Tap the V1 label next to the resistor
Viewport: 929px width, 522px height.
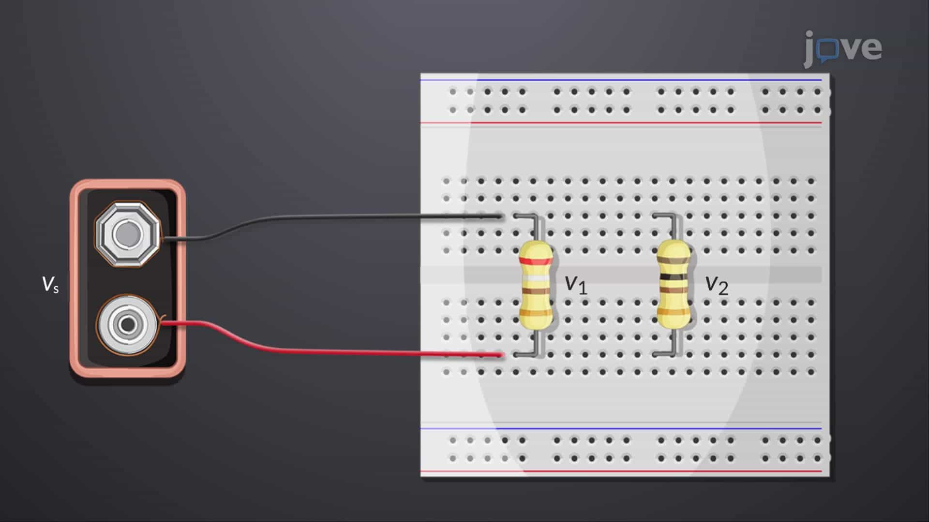tap(576, 285)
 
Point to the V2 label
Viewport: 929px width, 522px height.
tap(717, 285)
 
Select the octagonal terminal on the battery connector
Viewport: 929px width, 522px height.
tap(127, 234)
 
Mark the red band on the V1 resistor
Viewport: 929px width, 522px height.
tap(535, 261)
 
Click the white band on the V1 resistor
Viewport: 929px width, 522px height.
tap(535, 278)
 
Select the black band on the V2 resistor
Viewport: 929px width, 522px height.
tap(674, 277)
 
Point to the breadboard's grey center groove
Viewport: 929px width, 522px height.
tap(621, 275)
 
